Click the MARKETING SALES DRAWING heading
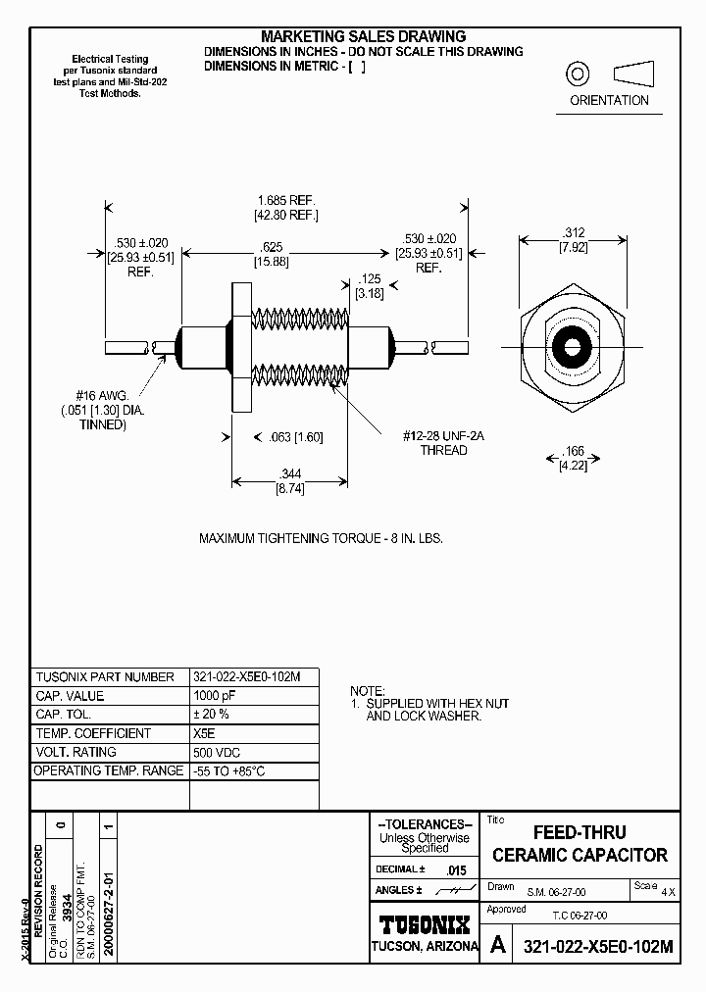point(363,37)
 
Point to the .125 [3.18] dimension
point(369,286)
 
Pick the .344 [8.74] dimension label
point(289,481)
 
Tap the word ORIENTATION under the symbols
point(610,100)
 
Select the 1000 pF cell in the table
point(216,696)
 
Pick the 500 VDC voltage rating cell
point(218,752)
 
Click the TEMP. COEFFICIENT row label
point(94,733)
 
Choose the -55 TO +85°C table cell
point(229,770)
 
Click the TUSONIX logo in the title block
point(425,923)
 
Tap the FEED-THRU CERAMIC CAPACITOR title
point(580,844)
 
